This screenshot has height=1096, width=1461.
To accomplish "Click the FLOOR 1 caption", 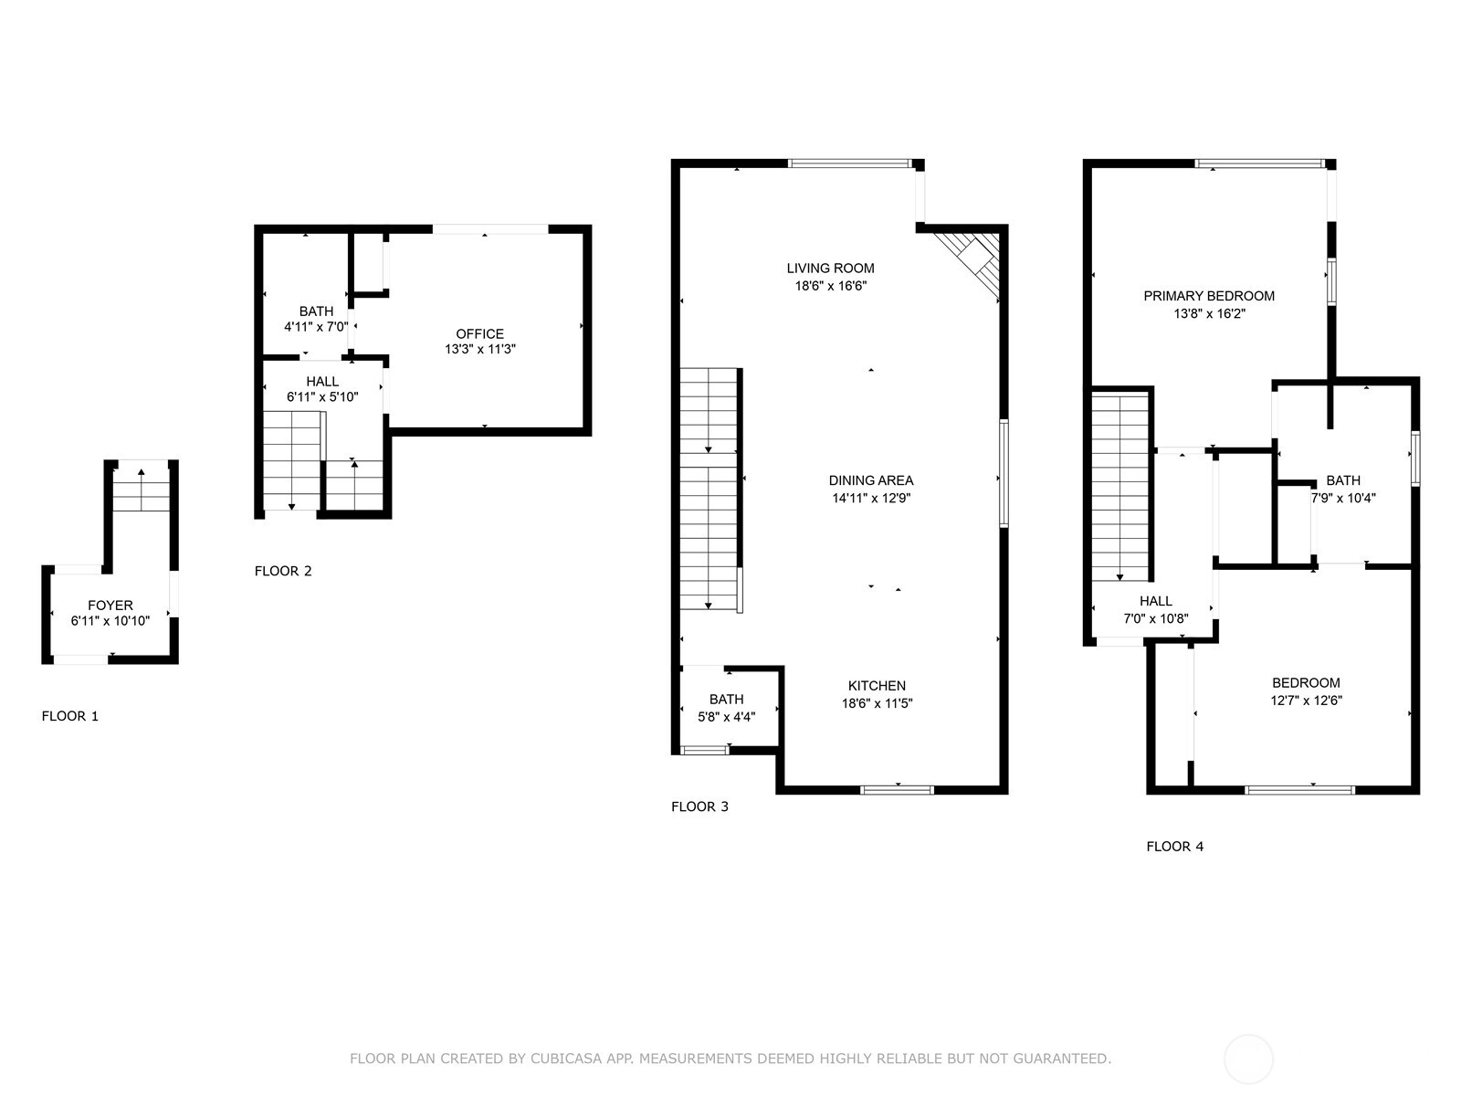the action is point(70,716).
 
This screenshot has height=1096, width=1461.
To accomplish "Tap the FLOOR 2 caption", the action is point(283,571).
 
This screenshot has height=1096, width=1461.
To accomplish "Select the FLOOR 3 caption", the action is point(699,806).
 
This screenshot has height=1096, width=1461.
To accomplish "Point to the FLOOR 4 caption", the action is point(1175,847).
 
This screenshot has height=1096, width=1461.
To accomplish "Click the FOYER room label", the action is point(110,605).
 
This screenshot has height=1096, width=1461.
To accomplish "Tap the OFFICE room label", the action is point(480,333).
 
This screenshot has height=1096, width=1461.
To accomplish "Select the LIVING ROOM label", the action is point(831,269).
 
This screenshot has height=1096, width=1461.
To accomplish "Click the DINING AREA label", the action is point(870,479).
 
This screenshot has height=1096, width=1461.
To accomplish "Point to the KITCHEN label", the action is point(877,685).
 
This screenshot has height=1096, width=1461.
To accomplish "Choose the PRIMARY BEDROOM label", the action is point(1209,296).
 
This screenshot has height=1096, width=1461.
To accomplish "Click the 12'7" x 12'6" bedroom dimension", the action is point(1306,700).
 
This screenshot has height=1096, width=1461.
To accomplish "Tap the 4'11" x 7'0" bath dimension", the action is point(316,327).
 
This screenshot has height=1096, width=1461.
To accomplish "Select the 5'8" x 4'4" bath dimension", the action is point(726,717).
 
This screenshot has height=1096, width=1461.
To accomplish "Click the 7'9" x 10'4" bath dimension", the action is point(1343,498).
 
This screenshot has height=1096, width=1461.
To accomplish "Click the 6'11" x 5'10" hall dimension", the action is point(322,397).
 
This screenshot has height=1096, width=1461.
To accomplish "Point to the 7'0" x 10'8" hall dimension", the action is point(1156,618).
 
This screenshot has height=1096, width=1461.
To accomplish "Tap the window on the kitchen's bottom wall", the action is point(897,790).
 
